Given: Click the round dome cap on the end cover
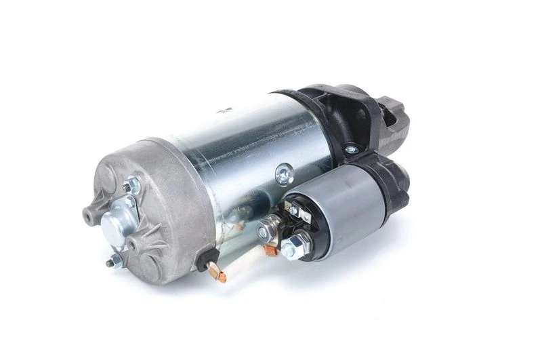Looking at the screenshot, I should tap(116, 223).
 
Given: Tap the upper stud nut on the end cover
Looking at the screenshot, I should tap(129, 186).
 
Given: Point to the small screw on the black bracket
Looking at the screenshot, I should tap(350, 149).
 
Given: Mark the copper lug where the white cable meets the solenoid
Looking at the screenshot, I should tap(270, 250).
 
